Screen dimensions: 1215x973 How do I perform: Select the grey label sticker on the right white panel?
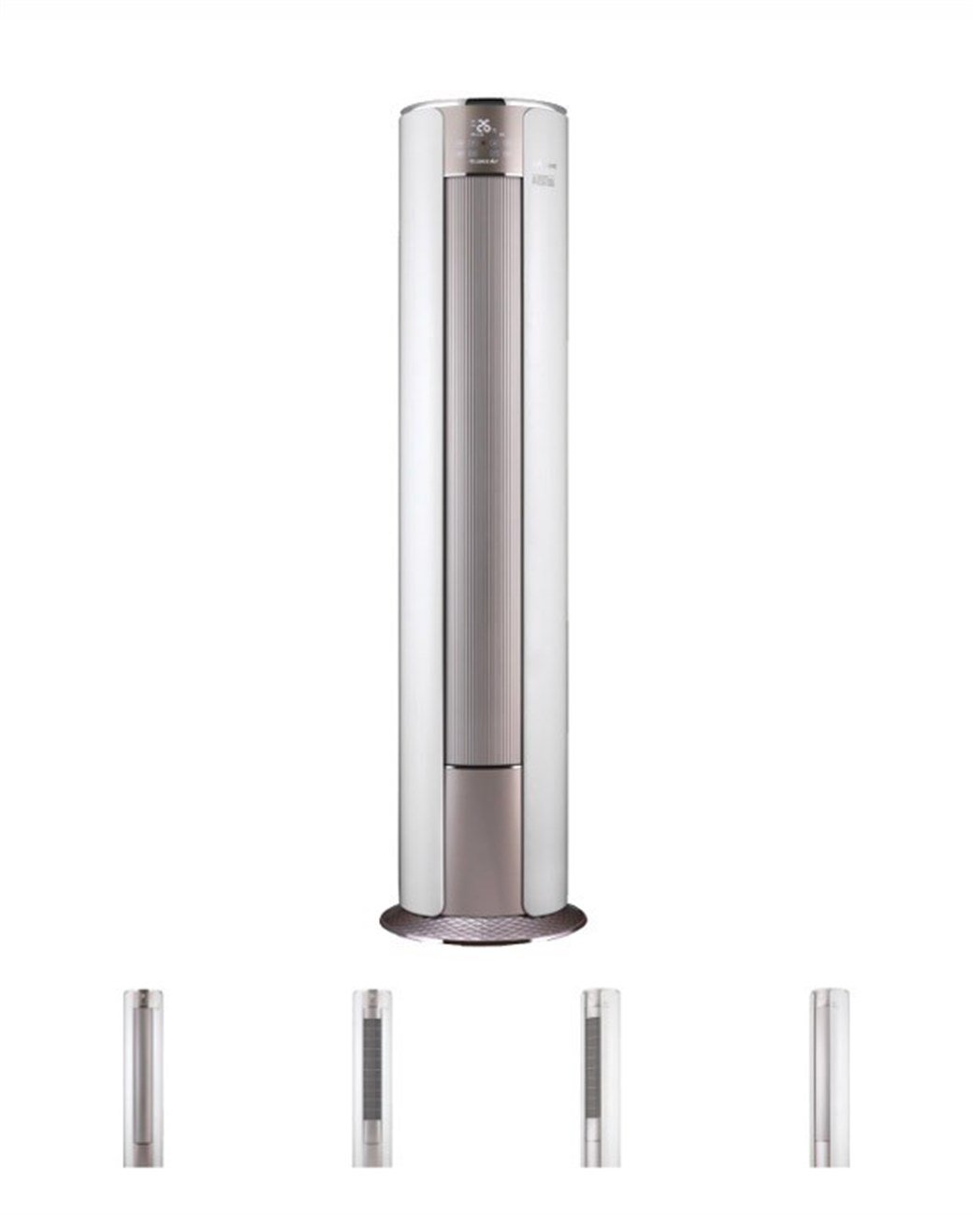pyautogui.click(x=545, y=180)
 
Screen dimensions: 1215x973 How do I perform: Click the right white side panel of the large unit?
pyautogui.click(x=547, y=515)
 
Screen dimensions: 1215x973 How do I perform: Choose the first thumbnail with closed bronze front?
pyautogui.click(x=143, y=1076)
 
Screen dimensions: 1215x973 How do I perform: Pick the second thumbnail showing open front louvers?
pyautogui.click(x=371, y=1076)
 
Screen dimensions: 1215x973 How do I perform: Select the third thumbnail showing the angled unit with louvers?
pyautogui.click(x=600, y=1076)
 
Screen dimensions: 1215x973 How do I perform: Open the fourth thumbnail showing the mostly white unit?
pyautogui.click(x=829, y=1076)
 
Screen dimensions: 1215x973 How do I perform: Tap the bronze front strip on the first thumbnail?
pyautogui.click(x=143, y=1067)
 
